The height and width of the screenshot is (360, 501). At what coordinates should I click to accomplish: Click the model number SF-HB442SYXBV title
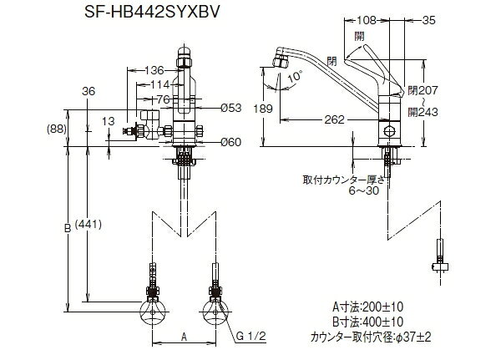(152, 12)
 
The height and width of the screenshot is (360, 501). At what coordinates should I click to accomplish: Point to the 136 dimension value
(154, 70)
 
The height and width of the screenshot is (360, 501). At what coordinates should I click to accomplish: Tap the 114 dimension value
(160, 84)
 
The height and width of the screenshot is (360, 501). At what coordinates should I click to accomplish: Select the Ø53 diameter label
(231, 108)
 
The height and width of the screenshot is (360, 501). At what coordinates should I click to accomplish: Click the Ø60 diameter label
(231, 142)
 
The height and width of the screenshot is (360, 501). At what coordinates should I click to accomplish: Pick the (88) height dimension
(57, 129)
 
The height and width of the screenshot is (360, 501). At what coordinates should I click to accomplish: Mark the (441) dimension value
(89, 225)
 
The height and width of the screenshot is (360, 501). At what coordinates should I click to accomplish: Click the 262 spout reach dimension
(335, 119)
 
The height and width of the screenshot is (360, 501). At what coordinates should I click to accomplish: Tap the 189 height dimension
(263, 109)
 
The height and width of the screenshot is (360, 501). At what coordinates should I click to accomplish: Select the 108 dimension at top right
(367, 20)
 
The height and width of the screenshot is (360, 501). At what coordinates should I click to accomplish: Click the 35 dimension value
(429, 20)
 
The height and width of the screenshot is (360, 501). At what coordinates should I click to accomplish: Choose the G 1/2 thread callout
(251, 336)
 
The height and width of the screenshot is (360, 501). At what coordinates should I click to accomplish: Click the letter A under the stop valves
(184, 337)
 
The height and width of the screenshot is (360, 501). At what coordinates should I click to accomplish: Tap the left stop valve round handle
(153, 312)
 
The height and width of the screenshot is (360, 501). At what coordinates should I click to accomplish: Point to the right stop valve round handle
(215, 312)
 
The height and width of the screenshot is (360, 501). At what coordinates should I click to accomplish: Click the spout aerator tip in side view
(280, 60)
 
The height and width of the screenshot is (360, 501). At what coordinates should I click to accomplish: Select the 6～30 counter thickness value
(364, 191)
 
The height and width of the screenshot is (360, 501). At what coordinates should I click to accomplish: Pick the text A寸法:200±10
(367, 307)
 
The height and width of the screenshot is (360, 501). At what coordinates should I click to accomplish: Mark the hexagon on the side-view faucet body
(389, 131)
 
